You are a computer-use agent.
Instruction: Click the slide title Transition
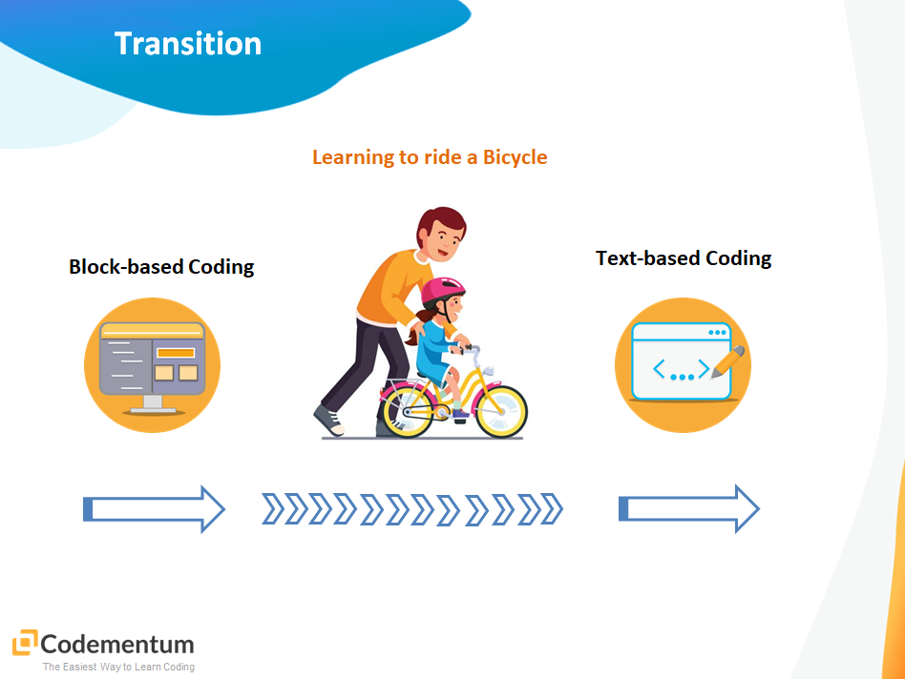tap(187, 44)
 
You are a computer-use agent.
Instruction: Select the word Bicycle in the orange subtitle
tap(515, 158)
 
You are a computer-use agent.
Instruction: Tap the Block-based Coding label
tap(161, 267)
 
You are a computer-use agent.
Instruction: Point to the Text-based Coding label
tap(684, 258)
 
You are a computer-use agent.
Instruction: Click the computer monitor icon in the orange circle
tap(153, 367)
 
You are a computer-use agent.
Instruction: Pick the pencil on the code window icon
tap(727, 362)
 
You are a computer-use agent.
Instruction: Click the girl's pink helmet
tap(442, 291)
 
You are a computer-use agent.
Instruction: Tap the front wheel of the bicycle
tap(501, 411)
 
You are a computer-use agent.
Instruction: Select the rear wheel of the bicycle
tap(408, 411)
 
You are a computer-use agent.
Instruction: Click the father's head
tap(441, 235)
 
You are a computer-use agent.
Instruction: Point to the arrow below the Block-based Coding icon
tap(154, 509)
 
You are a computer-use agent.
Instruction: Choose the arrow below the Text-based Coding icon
tap(689, 509)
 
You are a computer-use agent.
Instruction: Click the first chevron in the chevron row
tap(273, 509)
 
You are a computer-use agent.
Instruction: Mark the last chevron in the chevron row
tap(552, 509)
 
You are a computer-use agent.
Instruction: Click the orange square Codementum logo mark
tap(25, 643)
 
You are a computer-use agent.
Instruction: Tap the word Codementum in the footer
tap(117, 645)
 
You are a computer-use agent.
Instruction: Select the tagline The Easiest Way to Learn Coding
tap(118, 667)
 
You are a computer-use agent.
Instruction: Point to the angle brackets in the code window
tap(681, 369)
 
